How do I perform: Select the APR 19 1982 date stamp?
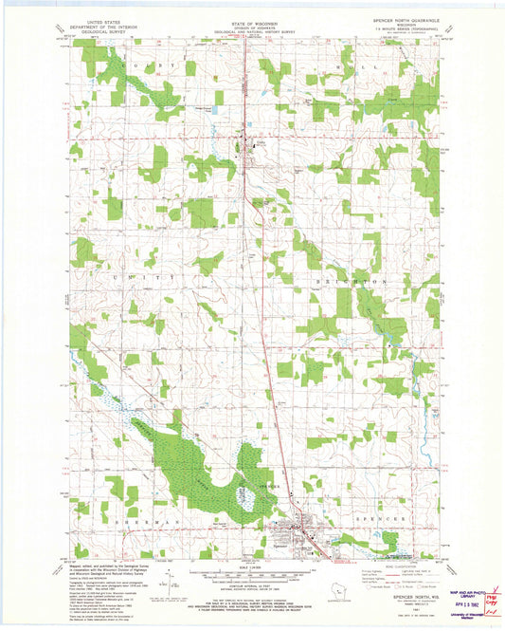pos(469,603)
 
